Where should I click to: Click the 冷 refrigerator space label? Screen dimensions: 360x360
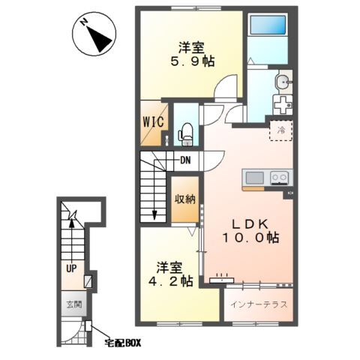tap(281, 130)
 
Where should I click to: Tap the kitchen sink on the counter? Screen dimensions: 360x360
tap(254, 178)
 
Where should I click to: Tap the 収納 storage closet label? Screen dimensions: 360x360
tap(185, 199)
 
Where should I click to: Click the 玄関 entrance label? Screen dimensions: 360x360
tap(72, 306)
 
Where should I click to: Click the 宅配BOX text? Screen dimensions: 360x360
tap(123, 343)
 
